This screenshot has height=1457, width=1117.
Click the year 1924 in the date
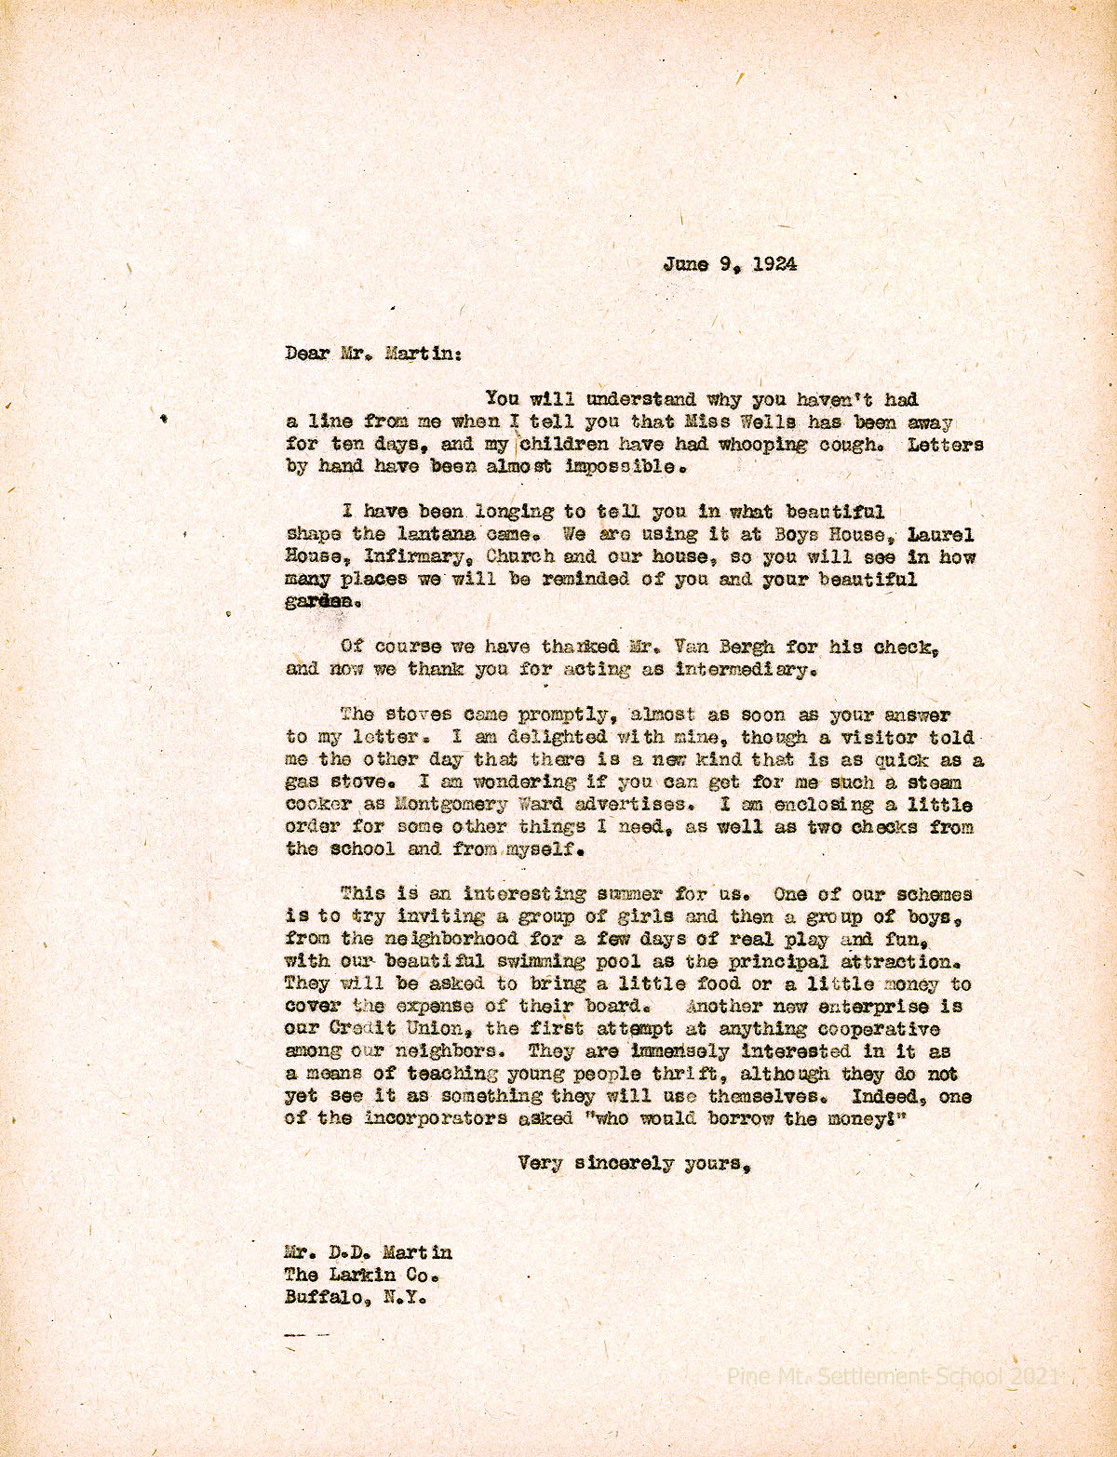click(x=774, y=263)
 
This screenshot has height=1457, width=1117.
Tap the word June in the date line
click(x=685, y=263)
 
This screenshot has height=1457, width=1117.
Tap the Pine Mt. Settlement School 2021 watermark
click(x=892, y=1375)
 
